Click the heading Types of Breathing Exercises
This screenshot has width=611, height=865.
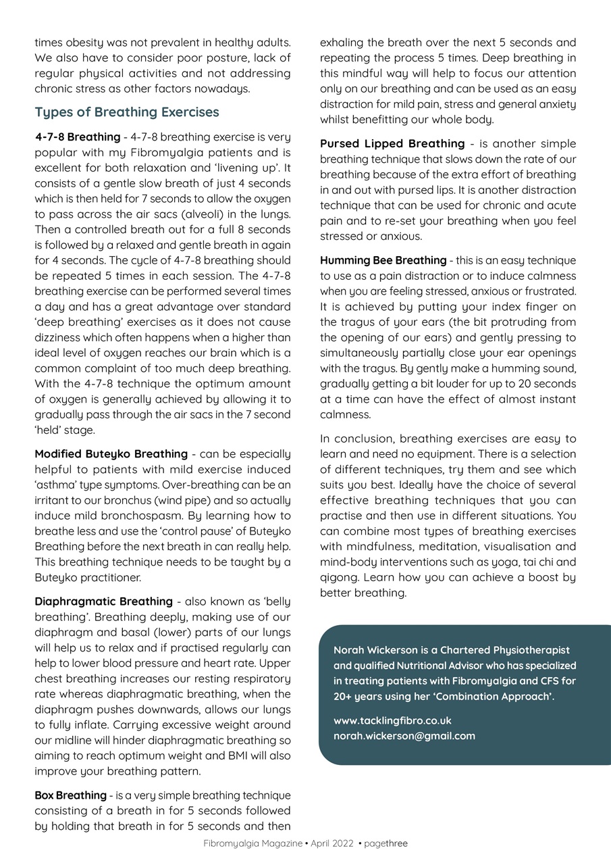pos(127,112)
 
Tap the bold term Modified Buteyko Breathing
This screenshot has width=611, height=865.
pos(111,454)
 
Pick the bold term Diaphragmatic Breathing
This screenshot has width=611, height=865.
pos(103,601)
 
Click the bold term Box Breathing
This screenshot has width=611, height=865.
pos(70,795)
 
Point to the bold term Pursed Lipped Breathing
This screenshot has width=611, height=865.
pos(392,144)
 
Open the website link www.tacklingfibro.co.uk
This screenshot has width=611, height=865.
pos(392,721)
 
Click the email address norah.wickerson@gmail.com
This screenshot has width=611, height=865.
pos(404,736)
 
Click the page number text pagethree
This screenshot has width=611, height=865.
pos(386,843)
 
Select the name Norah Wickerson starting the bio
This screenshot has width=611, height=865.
pos(375,650)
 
